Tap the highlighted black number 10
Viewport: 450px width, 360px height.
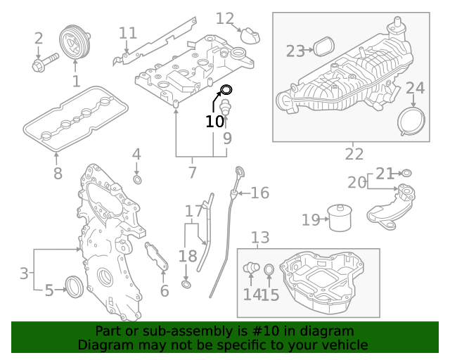pyautogui.click(x=214, y=121)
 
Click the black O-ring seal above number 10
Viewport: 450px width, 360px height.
pyautogui.click(x=226, y=89)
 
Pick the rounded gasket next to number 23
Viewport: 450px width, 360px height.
pyautogui.click(x=323, y=47)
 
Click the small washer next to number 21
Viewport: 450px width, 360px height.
pyautogui.click(x=406, y=173)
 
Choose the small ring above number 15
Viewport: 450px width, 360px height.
pyautogui.click(x=269, y=269)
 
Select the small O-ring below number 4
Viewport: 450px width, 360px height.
pyautogui.click(x=138, y=181)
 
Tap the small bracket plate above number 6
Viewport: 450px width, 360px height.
pyautogui.click(x=157, y=257)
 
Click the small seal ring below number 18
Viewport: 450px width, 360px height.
pyautogui.click(x=186, y=284)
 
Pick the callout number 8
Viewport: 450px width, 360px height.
pyautogui.click(x=58, y=173)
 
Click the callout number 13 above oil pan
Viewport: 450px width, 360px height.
pyautogui.click(x=260, y=238)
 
